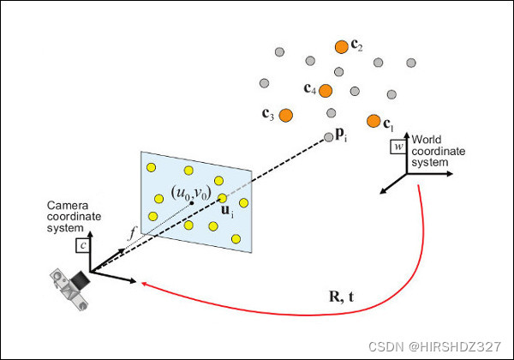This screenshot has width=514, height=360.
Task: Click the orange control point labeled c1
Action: tap(374, 121)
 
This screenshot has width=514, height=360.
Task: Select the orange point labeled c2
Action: tap(342, 45)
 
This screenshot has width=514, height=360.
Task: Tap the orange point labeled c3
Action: tap(286, 113)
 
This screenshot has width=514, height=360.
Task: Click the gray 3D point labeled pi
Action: tap(329, 136)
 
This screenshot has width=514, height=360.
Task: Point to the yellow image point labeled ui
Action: tap(223, 198)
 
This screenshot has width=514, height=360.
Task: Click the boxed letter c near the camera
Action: tap(83, 245)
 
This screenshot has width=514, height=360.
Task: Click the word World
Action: tap(427, 139)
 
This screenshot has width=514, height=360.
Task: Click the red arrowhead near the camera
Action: tap(143, 285)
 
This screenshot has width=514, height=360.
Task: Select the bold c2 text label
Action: tap(357, 47)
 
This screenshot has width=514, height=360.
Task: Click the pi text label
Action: tap(341, 135)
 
